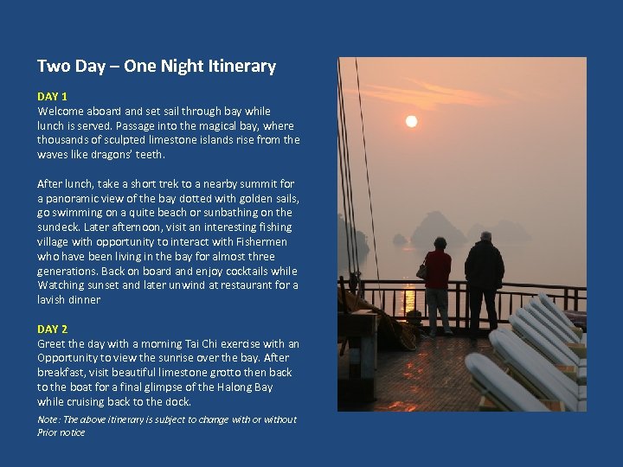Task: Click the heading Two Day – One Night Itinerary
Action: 157,67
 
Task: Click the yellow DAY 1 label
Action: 52,96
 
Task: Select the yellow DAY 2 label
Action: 52,329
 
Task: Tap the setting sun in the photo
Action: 412,121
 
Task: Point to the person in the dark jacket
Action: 484,277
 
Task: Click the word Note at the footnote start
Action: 48,419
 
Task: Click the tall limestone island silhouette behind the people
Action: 439,227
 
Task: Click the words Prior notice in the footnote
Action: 61,432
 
